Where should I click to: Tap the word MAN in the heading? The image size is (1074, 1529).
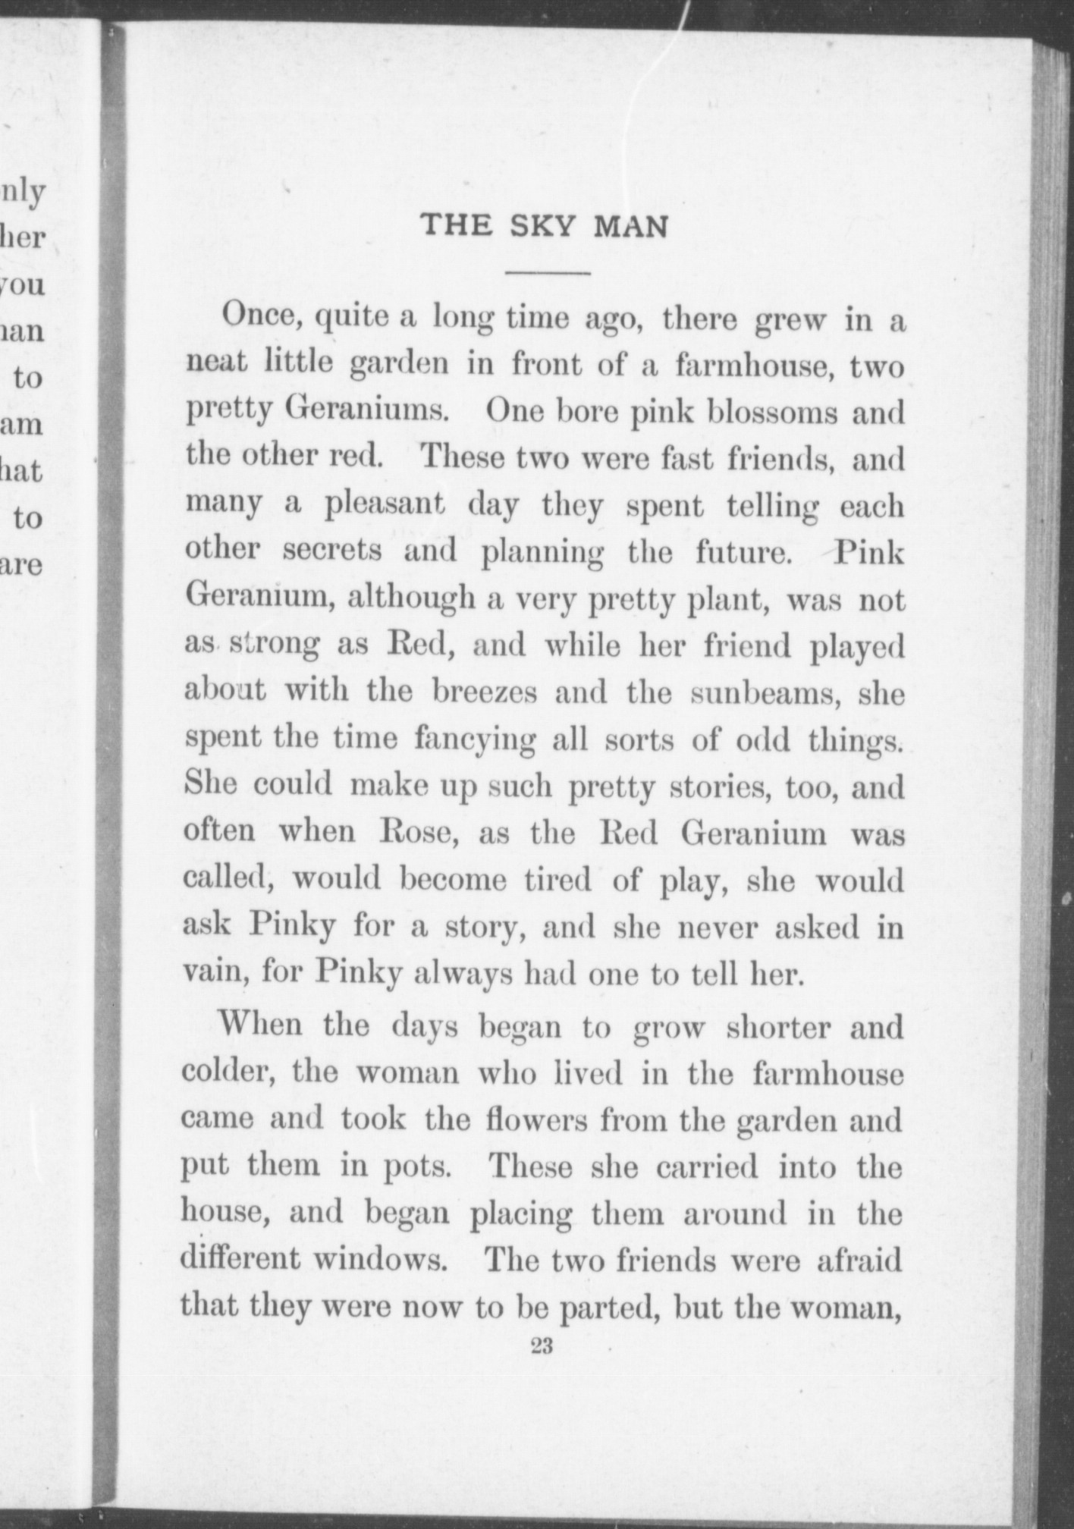pyautogui.click(x=630, y=226)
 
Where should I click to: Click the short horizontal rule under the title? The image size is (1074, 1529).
pyautogui.click(x=548, y=272)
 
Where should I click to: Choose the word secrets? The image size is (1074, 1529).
pyautogui.click(x=332, y=551)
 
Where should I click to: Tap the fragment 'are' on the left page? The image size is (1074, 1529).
pyautogui.click(x=23, y=566)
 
